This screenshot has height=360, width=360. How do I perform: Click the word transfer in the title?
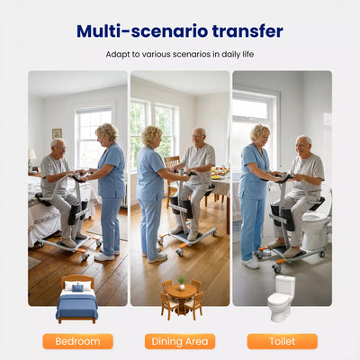coord(247,31)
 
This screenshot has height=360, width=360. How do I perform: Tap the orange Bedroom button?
coord(77,341)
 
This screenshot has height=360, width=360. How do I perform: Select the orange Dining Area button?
coord(180,341)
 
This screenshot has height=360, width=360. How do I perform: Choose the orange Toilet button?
coord(283,341)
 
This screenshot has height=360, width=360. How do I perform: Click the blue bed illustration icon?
coord(77,300)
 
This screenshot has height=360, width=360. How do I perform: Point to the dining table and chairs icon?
coord(182,298)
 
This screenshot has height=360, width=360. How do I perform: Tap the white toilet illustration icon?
coord(281,299)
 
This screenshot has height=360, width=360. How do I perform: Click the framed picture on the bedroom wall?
coord(57,133)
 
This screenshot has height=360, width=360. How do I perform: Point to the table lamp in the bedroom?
coord(31,159)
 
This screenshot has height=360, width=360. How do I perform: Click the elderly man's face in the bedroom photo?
coord(59,148)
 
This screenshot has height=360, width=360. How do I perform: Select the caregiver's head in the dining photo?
coord(152,136)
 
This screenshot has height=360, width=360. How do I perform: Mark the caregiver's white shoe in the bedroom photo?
coord(104,257)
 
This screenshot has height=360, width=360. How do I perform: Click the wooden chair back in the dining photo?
coord(172,162)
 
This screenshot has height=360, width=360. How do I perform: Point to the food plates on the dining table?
coord(220,173)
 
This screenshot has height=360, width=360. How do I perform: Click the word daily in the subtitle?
coord(231,54)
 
